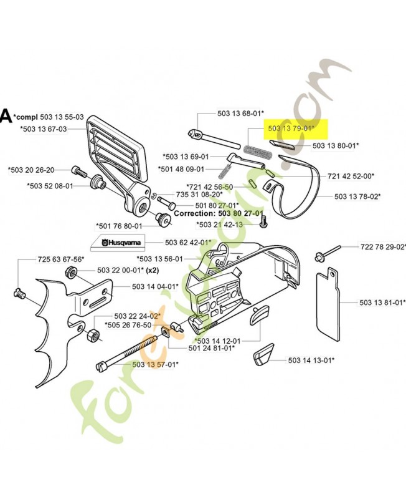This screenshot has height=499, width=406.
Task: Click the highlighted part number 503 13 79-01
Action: click(291, 128)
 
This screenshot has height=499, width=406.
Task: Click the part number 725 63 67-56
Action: click(60, 258)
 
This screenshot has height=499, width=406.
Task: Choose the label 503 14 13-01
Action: click(311, 360)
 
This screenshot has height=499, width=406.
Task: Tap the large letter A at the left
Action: click(6, 116)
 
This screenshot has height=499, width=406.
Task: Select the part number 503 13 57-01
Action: click(155, 364)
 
